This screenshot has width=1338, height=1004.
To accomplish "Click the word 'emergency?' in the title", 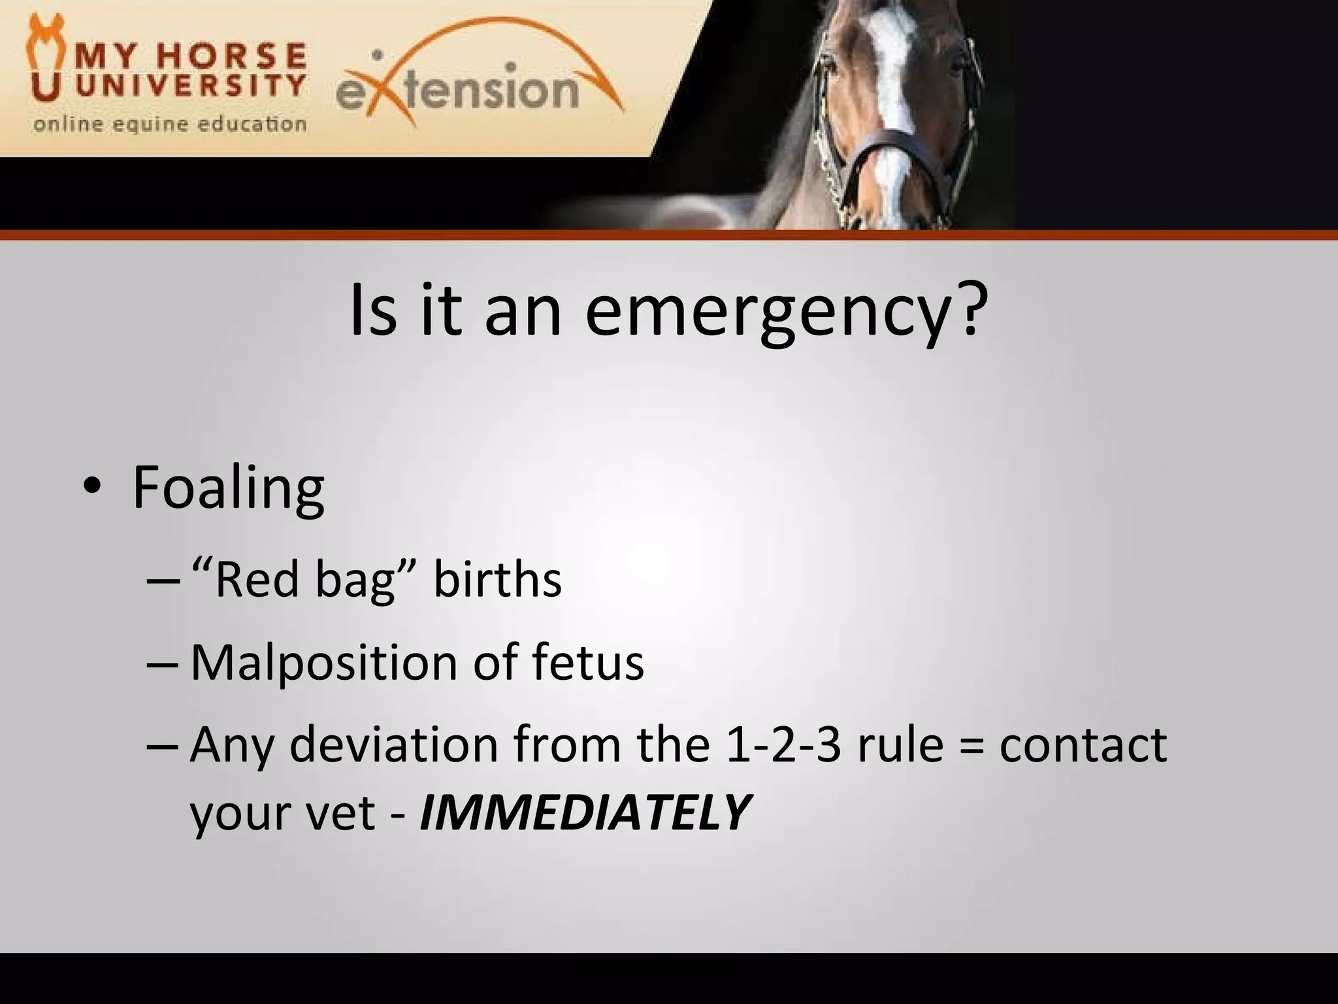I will [x=783, y=312].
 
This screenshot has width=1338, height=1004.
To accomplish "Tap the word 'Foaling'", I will [x=228, y=488].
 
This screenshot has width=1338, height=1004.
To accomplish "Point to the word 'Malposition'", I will [x=324, y=663].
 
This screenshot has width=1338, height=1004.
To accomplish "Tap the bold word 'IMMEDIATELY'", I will [x=584, y=813].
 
